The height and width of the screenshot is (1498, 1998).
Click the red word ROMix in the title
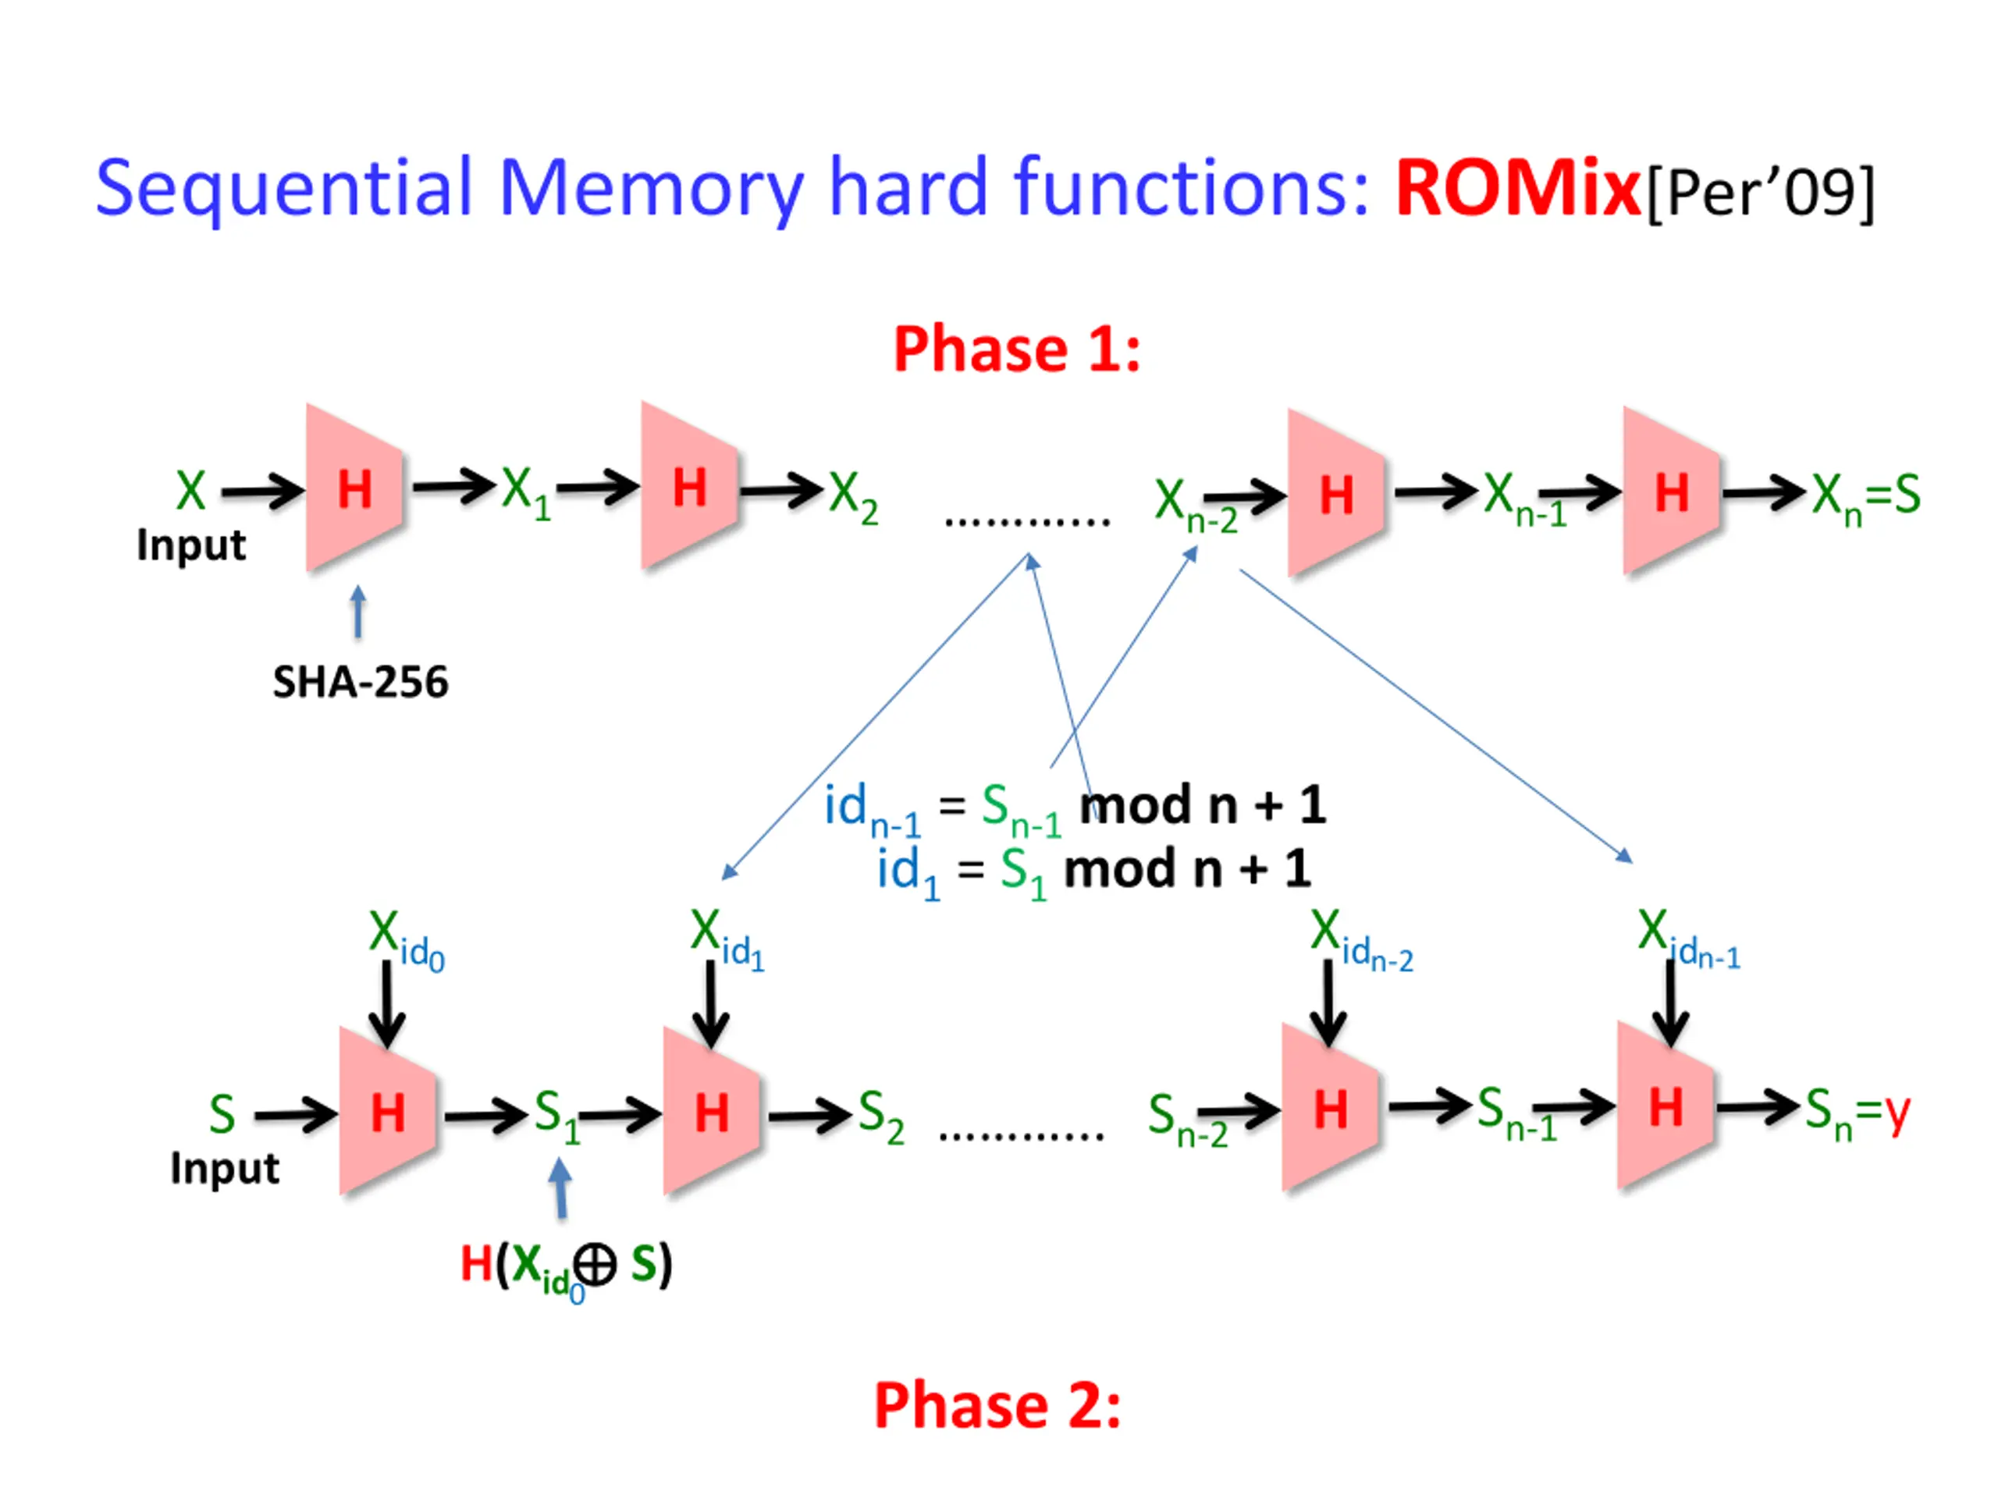(x=1516, y=188)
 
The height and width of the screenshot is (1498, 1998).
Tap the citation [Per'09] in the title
(x=1759, y=191)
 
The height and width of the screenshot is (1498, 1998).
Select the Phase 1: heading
(x=1017, y=350)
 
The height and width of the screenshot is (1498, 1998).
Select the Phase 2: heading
(x=997, y=1406)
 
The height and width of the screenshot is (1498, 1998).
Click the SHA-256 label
(x=361, y=682)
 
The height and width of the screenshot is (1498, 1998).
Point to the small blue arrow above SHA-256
(x=358, y=612)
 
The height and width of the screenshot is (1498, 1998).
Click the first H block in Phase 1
(x=354, y=488)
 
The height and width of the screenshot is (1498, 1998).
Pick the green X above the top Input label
(x=190, y=490)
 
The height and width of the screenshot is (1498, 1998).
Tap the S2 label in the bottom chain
(x=880, y=1115)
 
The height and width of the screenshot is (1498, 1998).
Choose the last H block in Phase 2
(x=1666, y=1107)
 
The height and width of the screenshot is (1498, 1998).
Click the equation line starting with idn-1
(x=1074, y=806)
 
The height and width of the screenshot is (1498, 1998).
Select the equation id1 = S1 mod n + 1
(x=1093, y=871)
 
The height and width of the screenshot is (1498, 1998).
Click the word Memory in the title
(x=650, y=188)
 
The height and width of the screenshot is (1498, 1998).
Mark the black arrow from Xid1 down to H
(x=711, y=1003)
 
